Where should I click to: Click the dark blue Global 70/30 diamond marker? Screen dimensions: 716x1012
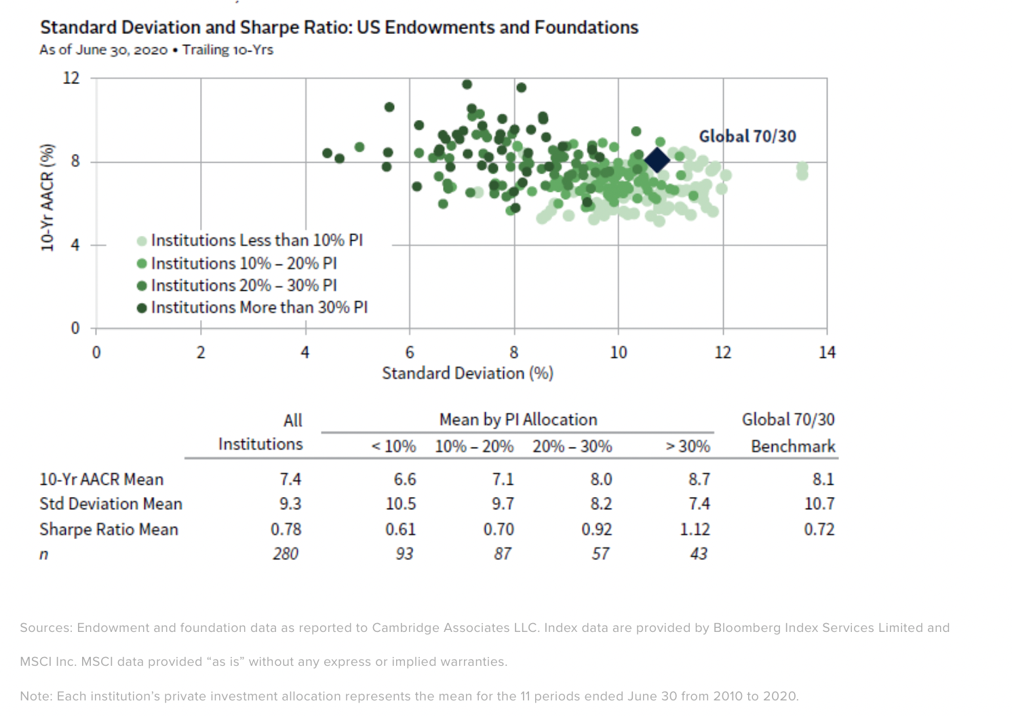(x=657, y=160)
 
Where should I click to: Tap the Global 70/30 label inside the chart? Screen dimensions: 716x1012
(x=747, y=136)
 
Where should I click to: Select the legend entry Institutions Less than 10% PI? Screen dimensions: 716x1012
(x=256, y=241)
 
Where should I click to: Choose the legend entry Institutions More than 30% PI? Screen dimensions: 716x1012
(x=258, y=308)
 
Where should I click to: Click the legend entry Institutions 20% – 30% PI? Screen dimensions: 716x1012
(x=244, y=285)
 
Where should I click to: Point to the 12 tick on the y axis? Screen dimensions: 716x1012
(x=71, y=78)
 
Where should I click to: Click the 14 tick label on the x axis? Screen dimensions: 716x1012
(x=827, y=353)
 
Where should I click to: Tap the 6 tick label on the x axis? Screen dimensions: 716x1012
(x=410, y=353)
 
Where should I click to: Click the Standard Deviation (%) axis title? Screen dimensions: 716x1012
(x=467, y=374)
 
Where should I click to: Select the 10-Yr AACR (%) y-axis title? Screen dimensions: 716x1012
(x=47, y=197)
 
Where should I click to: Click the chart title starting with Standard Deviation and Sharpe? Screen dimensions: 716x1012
(x=339, y=27)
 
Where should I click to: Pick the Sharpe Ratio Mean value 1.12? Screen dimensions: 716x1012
(x=695, y=530)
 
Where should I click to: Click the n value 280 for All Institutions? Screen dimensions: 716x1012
(x=286, y=554)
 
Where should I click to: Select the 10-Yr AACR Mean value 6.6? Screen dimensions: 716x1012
(x=404, y=479)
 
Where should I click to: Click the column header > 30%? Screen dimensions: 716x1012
(x=688, y=447)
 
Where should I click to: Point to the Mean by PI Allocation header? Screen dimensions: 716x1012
(x=518, y=420)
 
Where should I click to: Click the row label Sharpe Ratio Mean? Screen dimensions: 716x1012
(x=109, y=530)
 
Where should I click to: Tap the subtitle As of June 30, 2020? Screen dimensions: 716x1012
(x=103, y=50)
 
